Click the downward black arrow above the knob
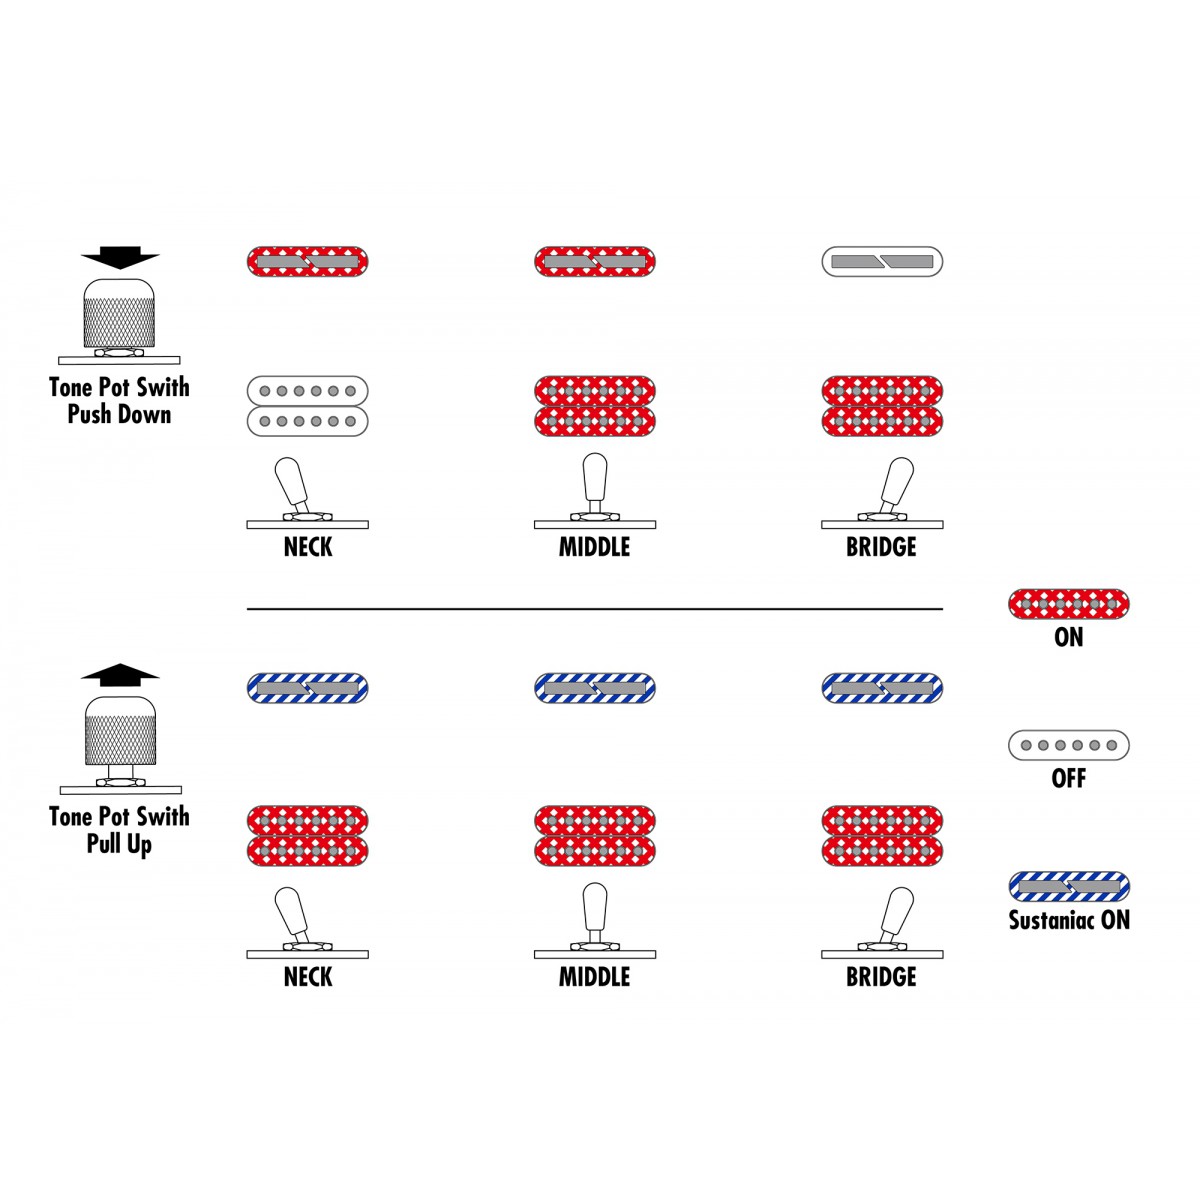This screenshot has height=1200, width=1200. click(x=120, y=257)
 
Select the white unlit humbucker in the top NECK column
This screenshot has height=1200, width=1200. click(x=308, y=406)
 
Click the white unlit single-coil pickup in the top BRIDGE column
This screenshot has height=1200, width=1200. click(x=882, y=262)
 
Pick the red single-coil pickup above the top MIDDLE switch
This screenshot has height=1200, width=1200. click(x=595, y=262)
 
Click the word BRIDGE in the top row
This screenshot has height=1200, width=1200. click(x=881, y=547)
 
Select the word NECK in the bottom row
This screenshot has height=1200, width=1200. click(x=308, y=976)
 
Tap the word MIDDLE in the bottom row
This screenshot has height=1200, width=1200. click(x=595, y=976)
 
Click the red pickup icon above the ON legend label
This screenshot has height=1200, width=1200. click(x=1069, y=603)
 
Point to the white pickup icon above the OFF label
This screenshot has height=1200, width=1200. click(x=1069, y=745)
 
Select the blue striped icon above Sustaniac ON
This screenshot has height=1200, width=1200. click(x=1069, y=887)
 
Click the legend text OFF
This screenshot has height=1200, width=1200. click(x=1069, y=778)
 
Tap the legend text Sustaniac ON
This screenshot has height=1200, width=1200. click(x=1069, y=920)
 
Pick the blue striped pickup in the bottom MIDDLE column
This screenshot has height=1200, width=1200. click(x=595, y=688)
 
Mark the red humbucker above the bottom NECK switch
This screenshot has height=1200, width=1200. click(x=308, y=836)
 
